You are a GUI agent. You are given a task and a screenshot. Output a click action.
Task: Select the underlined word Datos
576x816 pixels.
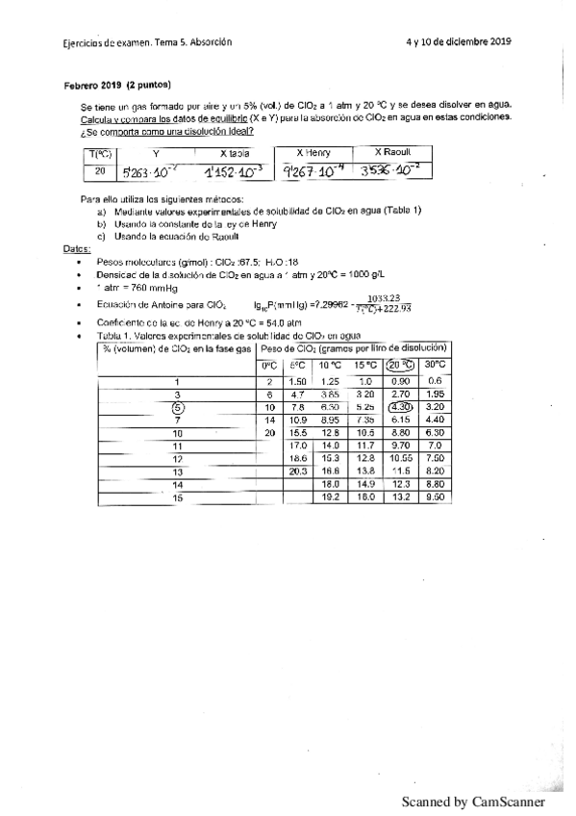tap(77, 247)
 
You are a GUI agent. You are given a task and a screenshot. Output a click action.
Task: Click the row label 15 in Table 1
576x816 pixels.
tap(177, 498)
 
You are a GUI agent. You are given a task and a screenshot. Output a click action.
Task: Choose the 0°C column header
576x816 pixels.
tap(269, 365)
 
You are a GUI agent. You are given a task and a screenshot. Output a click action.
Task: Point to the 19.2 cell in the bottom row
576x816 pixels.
tap(330, 498)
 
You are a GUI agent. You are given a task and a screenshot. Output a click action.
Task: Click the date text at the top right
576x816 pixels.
tap(458, 41)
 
